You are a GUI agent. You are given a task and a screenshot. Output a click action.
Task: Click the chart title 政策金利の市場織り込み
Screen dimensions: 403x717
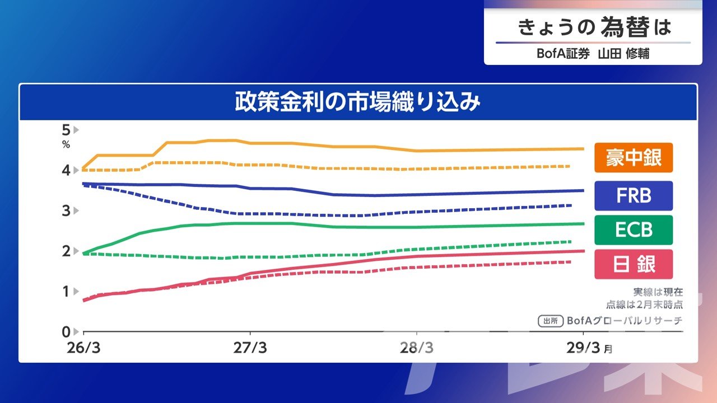coord(358,103)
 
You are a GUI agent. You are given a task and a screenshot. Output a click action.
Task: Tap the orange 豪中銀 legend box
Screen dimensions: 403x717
coord(633,157)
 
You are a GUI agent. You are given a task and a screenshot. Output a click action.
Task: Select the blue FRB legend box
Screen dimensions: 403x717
coord(633,196)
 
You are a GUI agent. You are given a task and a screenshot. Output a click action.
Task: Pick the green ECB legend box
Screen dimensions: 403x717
coord(633,230)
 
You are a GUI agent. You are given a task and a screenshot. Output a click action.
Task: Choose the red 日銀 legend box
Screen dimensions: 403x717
coord(633,264)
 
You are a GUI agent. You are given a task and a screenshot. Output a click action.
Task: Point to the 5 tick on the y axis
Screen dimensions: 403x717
coord(66,130)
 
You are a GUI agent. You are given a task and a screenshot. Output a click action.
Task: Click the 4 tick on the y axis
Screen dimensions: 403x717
coord(66,170)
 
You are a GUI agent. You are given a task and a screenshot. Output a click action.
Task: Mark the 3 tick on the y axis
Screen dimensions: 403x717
coord(66,210)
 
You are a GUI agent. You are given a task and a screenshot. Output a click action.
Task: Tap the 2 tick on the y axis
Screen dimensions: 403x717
coord(66,251)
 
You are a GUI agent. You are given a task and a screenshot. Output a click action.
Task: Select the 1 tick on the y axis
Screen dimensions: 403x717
coord(66,291)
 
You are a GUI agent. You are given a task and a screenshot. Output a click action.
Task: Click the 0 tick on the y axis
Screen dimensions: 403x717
coord(66,331)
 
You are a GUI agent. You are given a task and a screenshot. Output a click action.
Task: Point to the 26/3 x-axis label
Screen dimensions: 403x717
coord(83,348)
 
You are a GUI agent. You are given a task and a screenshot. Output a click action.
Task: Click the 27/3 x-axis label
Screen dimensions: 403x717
coord(250,348)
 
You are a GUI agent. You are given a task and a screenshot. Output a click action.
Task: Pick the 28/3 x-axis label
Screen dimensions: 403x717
coord(417,348)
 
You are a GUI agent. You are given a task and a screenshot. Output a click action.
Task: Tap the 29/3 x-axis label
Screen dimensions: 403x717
coord(583,348)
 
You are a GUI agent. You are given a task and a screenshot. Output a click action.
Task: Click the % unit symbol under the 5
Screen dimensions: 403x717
coord(66,144)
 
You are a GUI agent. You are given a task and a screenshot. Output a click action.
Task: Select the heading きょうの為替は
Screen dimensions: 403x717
coord(593,27)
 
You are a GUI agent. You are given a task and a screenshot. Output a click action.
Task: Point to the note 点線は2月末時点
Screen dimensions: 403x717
coord(644,304)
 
